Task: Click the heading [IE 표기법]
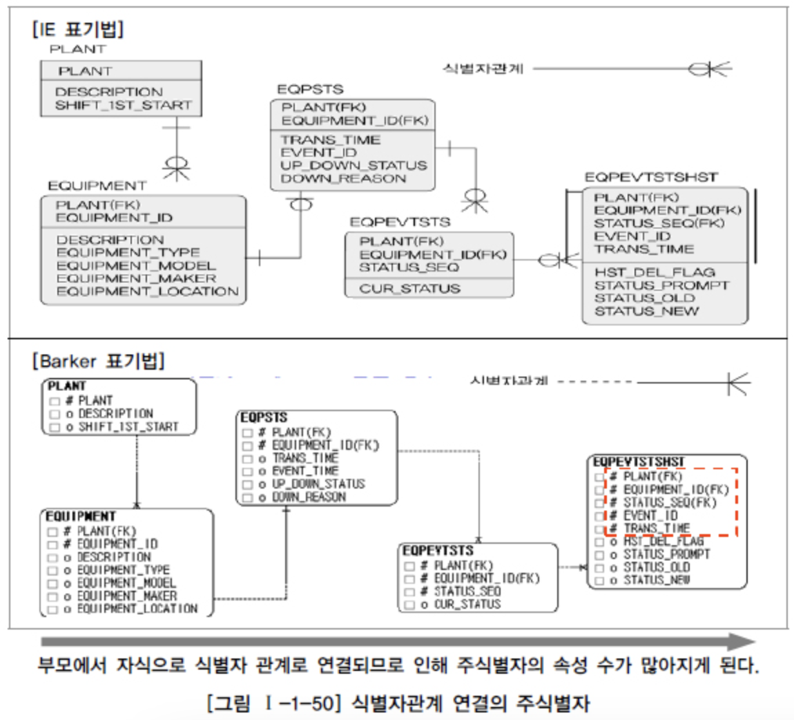[x=78, y=30]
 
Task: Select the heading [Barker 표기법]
[x=99, y=360]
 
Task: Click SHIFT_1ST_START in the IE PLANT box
[x=124, y=106]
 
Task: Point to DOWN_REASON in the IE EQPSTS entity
[x=343, y=178]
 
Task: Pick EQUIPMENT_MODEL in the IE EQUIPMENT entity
[x=136, y=265]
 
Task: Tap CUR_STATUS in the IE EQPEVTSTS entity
[x=409, y=288]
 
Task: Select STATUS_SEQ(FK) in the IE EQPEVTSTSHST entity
[x=659, y=223]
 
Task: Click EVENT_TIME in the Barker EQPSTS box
[x=305, y=471]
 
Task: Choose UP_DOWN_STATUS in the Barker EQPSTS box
[x=318, y=484]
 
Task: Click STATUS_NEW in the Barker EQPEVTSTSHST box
[x=657, y=580]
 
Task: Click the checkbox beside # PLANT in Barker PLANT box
[x=55, y=401]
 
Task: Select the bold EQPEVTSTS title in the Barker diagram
[x=438, y=551]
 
